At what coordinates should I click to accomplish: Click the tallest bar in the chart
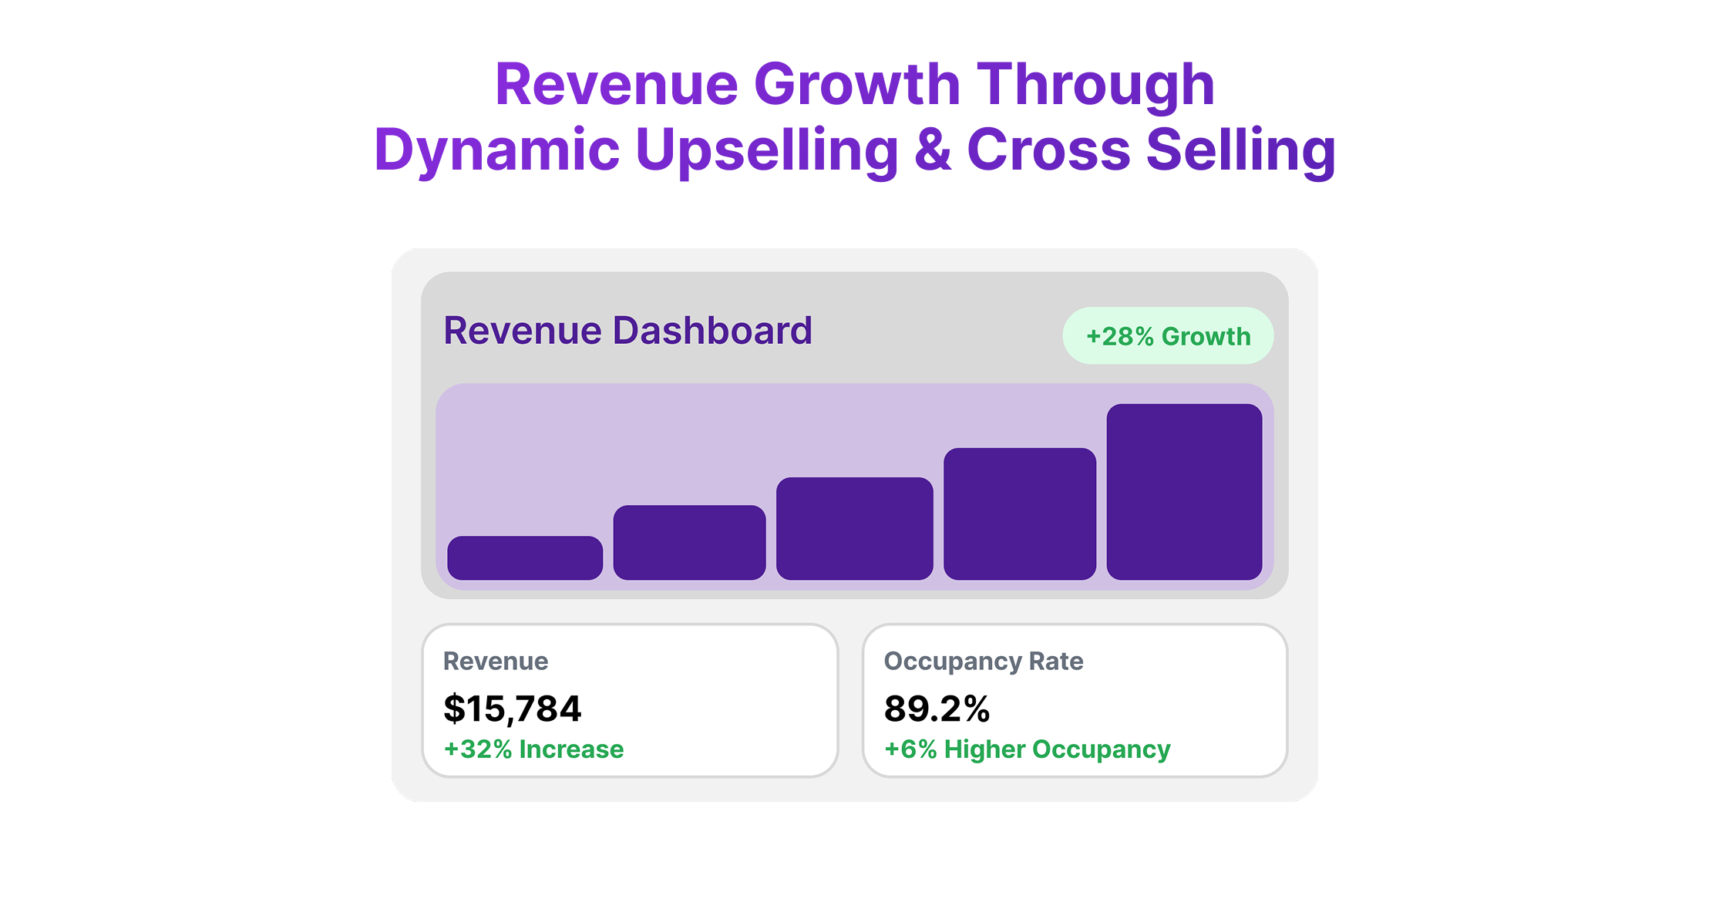tap(1184, 491)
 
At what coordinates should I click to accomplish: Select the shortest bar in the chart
tap(525, 557)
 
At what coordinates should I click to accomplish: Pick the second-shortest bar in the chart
tap(689, 542)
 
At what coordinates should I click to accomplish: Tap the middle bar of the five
tap(854, 528)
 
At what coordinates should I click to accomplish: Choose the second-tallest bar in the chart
tap(1019, 513)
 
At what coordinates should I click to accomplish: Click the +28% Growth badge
tap(1168, 336)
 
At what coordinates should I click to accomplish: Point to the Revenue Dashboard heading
tap(627, 331)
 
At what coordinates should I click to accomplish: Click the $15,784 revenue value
tap(512, 709)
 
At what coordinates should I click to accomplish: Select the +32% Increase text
tap(533, 749)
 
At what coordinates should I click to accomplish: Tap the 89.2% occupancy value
tap(937, 709)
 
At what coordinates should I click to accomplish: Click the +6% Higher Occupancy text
tap(1027, 749)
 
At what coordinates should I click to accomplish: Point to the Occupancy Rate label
tap(983, 662)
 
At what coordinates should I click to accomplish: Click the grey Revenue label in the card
tap(496, 662)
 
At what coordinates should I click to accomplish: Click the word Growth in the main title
tap(856, 85)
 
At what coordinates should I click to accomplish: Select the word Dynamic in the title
tap(497, 150)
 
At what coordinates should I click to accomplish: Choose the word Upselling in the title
tap(767, 150)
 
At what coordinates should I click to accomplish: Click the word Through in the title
tap(1095, 85)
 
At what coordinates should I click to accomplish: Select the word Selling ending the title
tap(1240, 150)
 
